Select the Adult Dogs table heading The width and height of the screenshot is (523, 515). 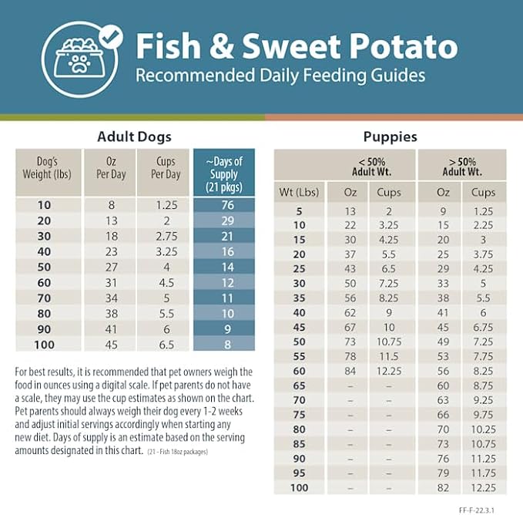click(x=134, y=137)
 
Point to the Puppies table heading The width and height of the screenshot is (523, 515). click(x=390, y=137)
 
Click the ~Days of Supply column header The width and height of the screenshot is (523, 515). click(x=223, y=174)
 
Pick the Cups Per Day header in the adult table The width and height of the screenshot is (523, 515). click(x=165, y=168)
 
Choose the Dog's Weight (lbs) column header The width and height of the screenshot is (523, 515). click(x=43, y=168)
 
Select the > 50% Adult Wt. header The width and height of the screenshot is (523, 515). click(x=461, y=166)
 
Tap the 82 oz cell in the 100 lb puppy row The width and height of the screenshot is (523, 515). click(x=443, y=489)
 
